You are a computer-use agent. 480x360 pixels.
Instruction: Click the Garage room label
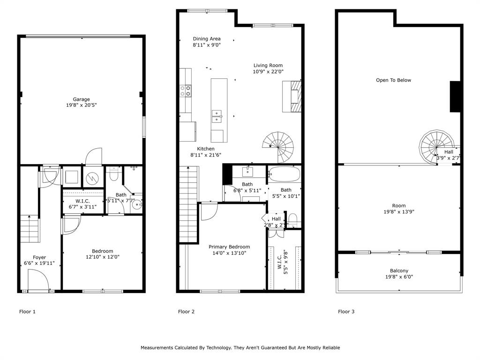pyautogui.click(x=81, y=99)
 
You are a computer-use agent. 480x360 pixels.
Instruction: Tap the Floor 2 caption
pyautogui.click(x=187, y=312)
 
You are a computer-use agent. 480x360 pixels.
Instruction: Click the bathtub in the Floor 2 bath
pyautogui.click(x=284, y=174)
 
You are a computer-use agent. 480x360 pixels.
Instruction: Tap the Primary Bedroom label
pyautogui.click(x=229, y=247)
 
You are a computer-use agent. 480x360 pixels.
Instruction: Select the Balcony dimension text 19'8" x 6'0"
pyautogui.click(x=399, y=277)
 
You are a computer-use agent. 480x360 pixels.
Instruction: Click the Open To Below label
pyautogui.click(x=393, y=80)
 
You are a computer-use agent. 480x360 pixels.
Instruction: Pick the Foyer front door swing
pyautogui.click(x=38, y=281)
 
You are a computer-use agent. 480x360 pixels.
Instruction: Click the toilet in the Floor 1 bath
pyautogui.click(x=112, y=174)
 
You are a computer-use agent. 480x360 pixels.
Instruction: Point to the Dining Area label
pyautogui.click(x=207, y=39)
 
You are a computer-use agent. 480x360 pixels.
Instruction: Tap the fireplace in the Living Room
pyautogui.click(x=292, y=96)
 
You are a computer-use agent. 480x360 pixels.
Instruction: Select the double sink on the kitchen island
pyautogui.click(x=217, y=115)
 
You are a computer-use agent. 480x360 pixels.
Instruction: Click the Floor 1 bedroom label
pyautogui.click(x=102, y=251)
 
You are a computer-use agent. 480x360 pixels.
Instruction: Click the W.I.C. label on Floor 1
pyautogui.click(x=82, y=201)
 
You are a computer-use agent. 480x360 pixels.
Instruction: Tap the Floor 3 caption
pyautogui.click(x=346, y=312)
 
